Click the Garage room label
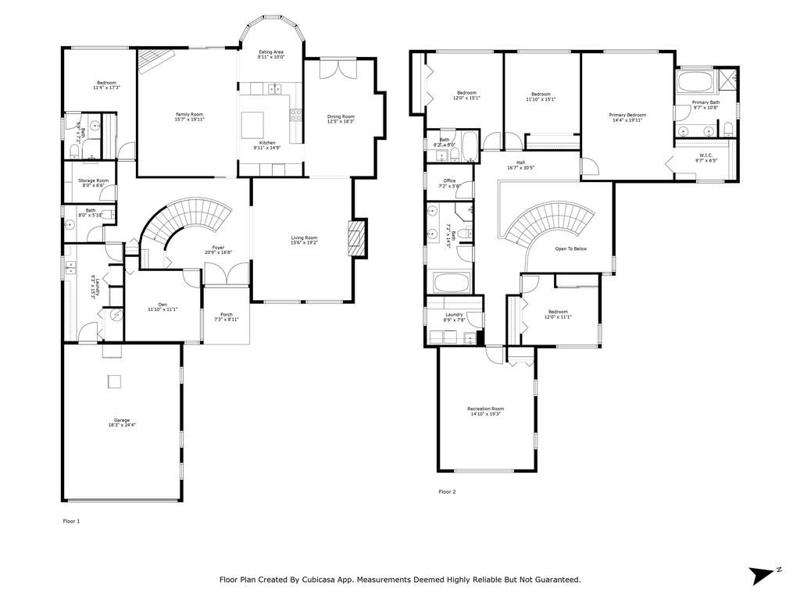point(121,420)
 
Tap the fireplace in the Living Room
point(357,234)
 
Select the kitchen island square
point(253,124)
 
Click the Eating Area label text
point(271,52)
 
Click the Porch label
point(227,315)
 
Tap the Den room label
point(162,305)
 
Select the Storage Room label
point(93,180)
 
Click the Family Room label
point(189,115)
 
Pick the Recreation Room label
point(485,409)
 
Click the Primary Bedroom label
point(627,115)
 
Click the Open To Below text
point(570,248)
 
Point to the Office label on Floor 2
point(449,180)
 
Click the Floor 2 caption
point(447,492)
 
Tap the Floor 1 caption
point(71,520)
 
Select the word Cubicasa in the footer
point(332,580)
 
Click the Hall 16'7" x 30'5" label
point(520,162)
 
